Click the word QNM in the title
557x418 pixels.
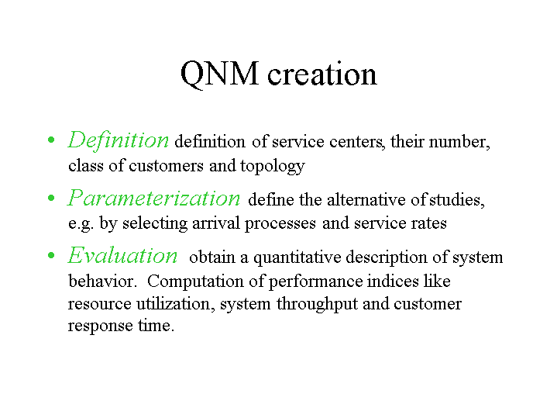219,74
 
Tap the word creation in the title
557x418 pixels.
321,74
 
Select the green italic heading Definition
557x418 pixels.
119,140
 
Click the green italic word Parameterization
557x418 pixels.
154,198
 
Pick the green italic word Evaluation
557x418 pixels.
122,255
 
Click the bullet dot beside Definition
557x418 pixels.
51,140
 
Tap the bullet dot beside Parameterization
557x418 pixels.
51,198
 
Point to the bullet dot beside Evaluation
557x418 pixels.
51,255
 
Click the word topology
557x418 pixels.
273,167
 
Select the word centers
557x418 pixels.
356,142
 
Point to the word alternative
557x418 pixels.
366,199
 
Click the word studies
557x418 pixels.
456,200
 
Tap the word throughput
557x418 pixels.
317,305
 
